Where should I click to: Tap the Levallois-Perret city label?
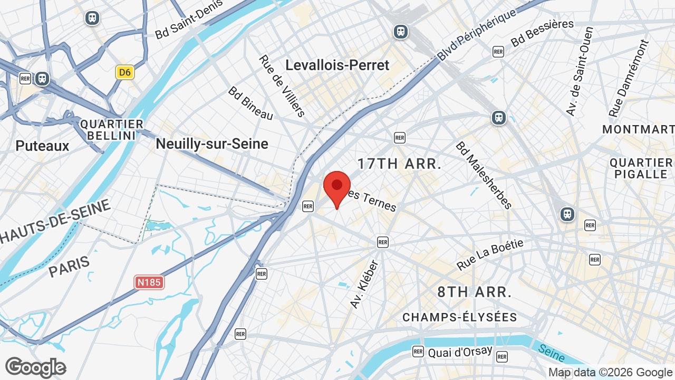(337, 65)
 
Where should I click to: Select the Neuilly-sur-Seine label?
(212, 144)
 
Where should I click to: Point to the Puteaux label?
(42, 146)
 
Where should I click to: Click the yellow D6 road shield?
(125, 72)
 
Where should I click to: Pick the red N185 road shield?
(149, 282)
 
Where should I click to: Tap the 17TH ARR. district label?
(399, 164)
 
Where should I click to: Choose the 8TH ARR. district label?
(475, 292)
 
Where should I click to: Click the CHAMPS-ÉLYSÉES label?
(460, 317)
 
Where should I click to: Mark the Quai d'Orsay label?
(460, 351)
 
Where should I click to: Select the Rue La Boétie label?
(490, 254)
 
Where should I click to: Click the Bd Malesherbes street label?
(484, 175)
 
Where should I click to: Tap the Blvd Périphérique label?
(477, 35)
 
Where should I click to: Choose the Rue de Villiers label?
(282, 85)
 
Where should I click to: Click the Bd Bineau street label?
(250, 103)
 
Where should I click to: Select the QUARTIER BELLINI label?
(112, 130)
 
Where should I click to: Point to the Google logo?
(35, 368)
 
